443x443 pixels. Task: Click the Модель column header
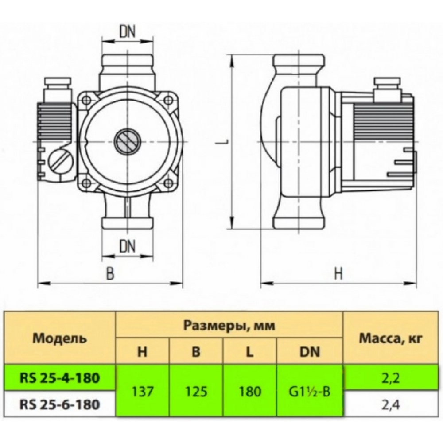point(60,339)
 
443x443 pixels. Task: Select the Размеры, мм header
point(229,326)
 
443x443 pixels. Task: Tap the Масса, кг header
point(390,339)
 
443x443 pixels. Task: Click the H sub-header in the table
point(142,352)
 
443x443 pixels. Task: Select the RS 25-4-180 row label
point(60,378)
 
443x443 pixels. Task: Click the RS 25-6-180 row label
point(60,404)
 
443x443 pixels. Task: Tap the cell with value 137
point(142,391)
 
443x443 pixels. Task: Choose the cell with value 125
point(196,391)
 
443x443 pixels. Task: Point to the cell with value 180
point(250,391)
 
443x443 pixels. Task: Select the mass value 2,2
point(390,378)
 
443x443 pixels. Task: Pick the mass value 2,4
point(390,404)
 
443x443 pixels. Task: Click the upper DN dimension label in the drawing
point(128,31)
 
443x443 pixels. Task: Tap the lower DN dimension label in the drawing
point(128,245)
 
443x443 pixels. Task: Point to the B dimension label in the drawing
point(110,273)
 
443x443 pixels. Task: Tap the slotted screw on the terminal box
point(61,161)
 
